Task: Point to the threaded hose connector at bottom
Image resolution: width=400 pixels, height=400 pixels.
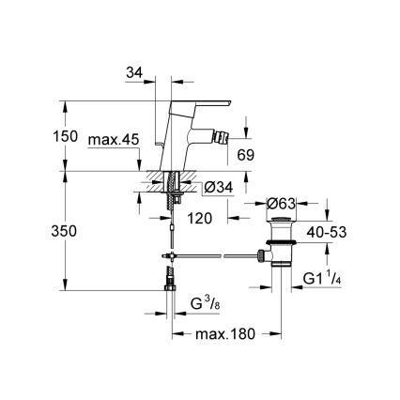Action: coord(170,278)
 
